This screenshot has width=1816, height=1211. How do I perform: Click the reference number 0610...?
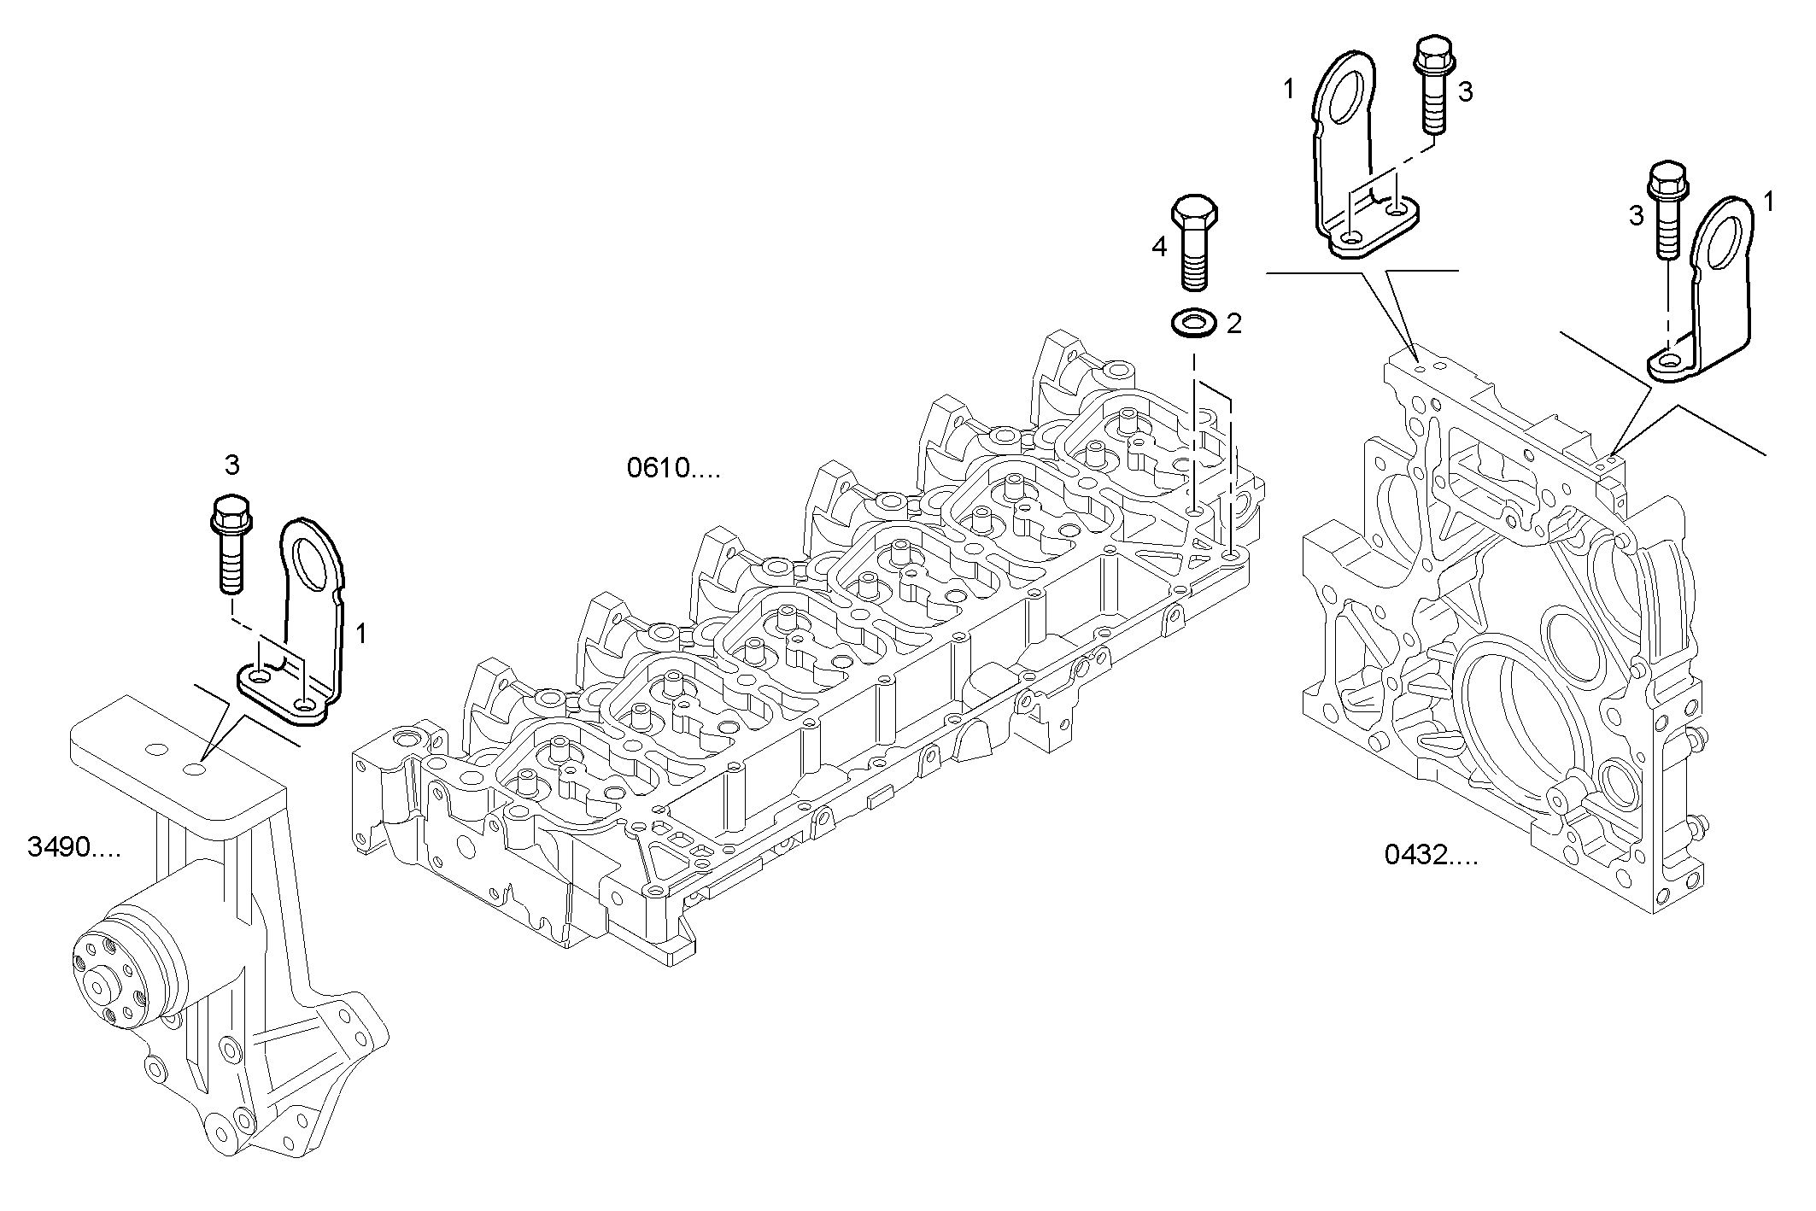click(x=672, y=469)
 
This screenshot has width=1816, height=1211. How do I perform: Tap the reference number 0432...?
click(x=1430, y=855)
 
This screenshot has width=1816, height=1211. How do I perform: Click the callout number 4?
click(x=1159, y=247)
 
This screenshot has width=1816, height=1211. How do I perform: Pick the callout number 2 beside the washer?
click(x=1233, y=324)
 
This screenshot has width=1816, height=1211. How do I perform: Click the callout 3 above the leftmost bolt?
click(x=231, y=465)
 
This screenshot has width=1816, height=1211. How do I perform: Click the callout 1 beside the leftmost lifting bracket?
click(x=361, y=634)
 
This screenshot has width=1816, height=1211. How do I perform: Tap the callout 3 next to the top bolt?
click(x=1465, y=92)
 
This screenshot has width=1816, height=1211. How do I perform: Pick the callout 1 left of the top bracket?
click(x=1289, y=89)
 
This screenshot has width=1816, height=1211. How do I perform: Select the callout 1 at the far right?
click(x=1768, y=202)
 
